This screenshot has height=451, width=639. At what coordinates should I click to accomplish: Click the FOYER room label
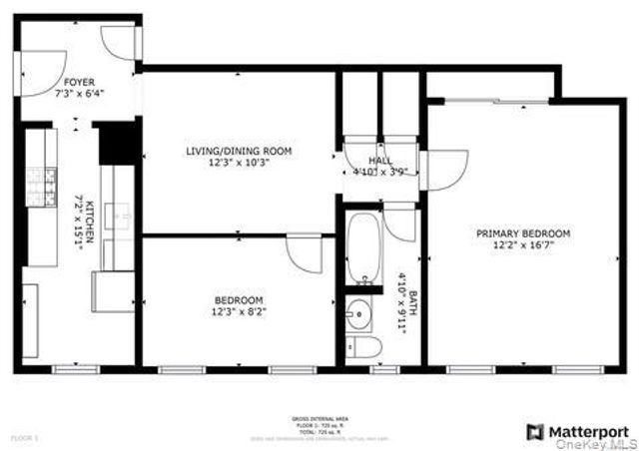tap(80, 82)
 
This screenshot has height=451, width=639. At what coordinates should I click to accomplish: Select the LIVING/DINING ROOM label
tap(239, 151)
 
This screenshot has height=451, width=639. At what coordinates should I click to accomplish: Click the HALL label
tap(380, 160)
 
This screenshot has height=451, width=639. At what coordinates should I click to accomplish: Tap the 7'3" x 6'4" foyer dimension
tap(80, 93)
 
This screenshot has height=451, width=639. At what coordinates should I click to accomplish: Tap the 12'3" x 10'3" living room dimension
tap(239, 163)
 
